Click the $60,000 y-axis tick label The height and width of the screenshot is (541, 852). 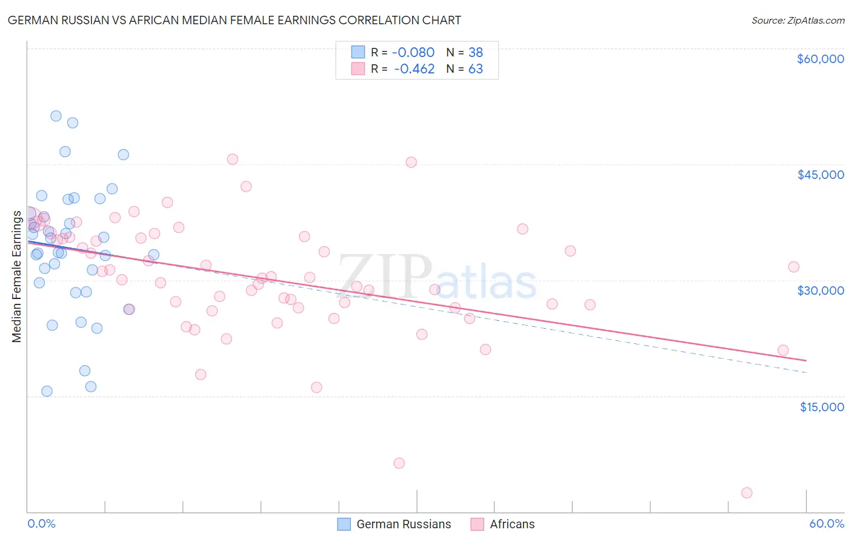(820, 59)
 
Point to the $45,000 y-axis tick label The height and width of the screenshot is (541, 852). (820, 175)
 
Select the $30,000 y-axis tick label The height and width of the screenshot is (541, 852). (820, 291)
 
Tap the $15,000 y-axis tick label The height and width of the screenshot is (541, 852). (822, 407)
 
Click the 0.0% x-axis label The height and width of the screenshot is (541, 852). (41, 524)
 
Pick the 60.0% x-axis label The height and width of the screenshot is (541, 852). (827, 524)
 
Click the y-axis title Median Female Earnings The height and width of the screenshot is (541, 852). (17, 277)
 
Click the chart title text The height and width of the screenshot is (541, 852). (234, 20)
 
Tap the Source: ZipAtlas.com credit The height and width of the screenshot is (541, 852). (797, 21)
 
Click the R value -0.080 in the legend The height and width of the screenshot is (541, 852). (413, 52)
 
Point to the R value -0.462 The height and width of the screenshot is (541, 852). (414, 69)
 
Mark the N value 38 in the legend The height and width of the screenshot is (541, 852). (476, 52)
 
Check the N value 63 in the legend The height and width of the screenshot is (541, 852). (476, 69)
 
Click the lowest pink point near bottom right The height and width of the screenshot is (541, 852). (747, 492)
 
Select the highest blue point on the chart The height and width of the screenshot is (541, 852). (56, 116)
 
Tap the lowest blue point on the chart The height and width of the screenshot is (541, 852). (47, 391)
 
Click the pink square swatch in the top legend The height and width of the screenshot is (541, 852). (358, 69)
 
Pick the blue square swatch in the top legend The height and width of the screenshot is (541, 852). (358, 52)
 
